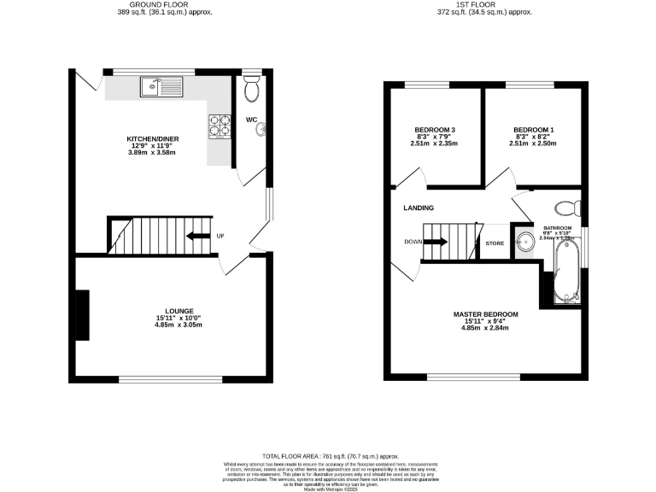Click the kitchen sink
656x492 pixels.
tap(161, 85)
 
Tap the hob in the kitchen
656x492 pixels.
tap(218, 126)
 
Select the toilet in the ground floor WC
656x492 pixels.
tap(251, 87)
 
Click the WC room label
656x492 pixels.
tap(253, 120)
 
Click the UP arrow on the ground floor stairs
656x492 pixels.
tap(200, 236)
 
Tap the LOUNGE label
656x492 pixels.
tap(179, 311)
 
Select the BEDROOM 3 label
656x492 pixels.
tap(434, 130)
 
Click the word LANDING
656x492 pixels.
tap(419, 208)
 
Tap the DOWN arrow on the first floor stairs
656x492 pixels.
tap(435, 242)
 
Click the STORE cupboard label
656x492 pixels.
tap(495, 243)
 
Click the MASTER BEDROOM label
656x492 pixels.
tap(485, 314)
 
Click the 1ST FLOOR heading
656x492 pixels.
tap(484, 5)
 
